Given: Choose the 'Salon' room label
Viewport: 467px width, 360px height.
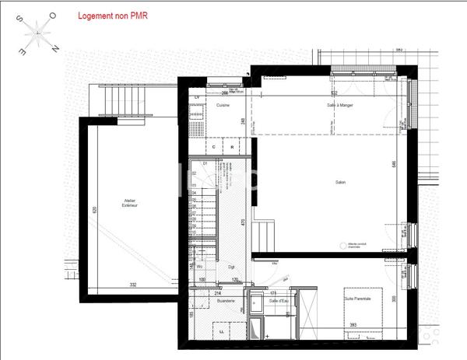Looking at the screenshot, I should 340,183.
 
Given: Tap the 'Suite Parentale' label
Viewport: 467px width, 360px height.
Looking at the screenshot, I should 358,299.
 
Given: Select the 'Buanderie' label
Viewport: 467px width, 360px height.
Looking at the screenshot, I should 225,300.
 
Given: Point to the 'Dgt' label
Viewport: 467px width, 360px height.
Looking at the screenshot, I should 230,267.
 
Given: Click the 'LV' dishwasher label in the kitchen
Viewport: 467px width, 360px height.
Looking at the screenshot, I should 197,97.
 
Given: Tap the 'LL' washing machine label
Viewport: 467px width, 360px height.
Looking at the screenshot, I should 223,331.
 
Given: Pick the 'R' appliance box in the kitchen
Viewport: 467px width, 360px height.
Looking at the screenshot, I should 232,145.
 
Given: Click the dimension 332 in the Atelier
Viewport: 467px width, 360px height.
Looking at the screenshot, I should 133,285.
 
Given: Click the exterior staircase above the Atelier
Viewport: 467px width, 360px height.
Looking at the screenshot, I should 125,100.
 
